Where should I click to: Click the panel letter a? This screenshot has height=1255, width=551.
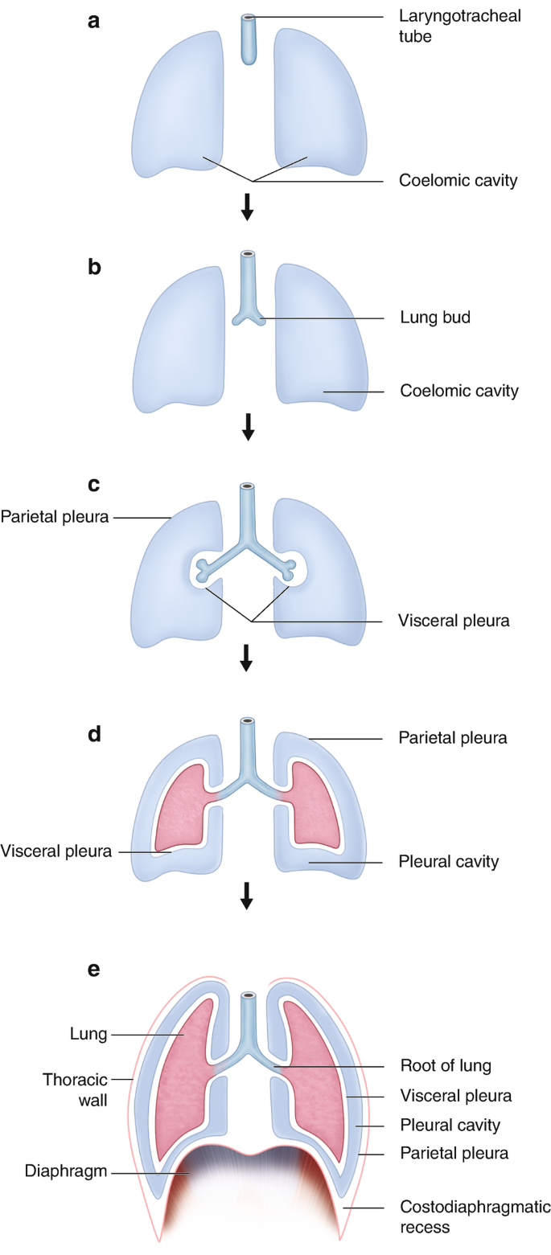(94, 22)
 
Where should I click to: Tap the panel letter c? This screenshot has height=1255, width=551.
(94, 484)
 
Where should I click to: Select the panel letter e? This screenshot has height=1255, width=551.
(94, 969)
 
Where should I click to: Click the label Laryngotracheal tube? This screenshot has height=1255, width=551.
(459, 26)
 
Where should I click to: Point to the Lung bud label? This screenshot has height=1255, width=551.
(434, 318)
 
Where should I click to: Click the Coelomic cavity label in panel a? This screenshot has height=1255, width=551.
(458, 180)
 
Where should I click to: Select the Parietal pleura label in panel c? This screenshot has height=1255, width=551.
(54, 516)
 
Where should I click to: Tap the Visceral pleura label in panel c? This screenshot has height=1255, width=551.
(454, 621)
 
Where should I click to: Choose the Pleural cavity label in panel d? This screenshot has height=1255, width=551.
(449, 862)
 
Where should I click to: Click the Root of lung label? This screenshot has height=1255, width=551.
(446, 1066)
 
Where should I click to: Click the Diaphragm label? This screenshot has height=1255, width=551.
(55, 1172)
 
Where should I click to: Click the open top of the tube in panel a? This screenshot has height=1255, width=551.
(250, 17)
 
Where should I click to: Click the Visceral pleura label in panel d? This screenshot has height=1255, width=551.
(56, 851)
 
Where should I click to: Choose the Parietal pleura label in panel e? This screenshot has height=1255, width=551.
(454, 1154)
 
